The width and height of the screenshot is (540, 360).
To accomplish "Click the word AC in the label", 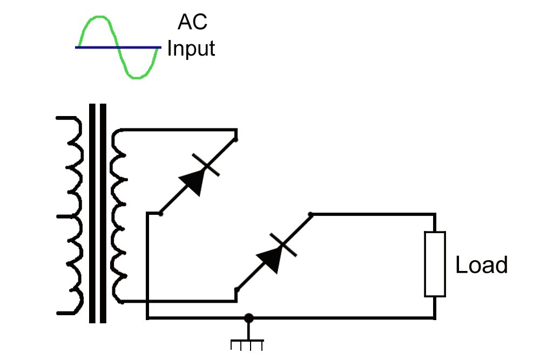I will pyautogui.click(x=192, y=23).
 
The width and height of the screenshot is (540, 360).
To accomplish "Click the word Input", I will pyautogui.click(x=191, y=49).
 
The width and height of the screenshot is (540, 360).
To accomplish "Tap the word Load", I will pyautogui.click(x=482, y=265).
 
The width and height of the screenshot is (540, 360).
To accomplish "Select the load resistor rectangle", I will pyautogui.click(x=435, y=264).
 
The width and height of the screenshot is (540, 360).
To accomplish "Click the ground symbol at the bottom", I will pyautogui.click(x=247, y=343).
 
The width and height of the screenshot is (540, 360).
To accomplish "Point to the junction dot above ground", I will pyautogui.click(x=248, y=318).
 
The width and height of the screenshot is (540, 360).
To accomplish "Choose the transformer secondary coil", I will pyautogui.click(x=119, y=216).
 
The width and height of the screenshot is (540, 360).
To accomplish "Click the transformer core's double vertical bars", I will pyautogui.click(x=97, y=216).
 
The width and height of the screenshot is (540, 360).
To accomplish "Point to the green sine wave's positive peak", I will pyautogui.click(x=97, y=18).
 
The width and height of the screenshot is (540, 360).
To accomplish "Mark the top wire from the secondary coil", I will pyautogui.click(x=178, y=130).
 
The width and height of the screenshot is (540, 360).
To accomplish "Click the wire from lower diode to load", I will pyautogui.click(x=373, y=214).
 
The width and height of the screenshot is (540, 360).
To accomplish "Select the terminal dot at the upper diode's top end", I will pyautogui.click(x=237, y=139).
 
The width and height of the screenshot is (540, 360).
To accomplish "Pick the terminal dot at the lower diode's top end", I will pyautogui.click(x=310, y=214).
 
